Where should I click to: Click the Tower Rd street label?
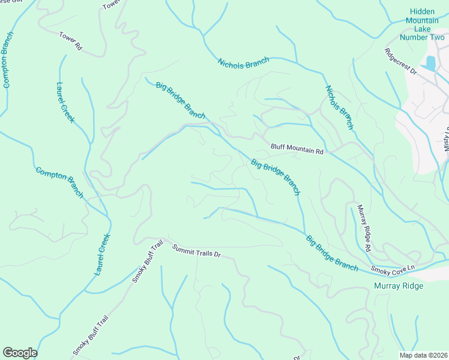click(x=70, y=41)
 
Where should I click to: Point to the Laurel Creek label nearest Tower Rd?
click(x=65, y=103)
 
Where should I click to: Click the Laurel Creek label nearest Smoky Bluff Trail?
click(x=103, y=254)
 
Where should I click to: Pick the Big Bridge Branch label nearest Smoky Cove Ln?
click(x=332, y=253)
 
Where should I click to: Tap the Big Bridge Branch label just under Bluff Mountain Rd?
click(x=275, y=177)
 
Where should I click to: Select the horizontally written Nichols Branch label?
click(x=243, y=63)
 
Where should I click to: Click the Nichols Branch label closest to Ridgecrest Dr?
click(x=339, y=107)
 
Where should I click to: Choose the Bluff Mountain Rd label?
click(x=297, y=149)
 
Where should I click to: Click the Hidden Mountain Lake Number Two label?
click(x=422, y=24)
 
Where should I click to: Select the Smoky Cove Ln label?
click(x=393, y=271)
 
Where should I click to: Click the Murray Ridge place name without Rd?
click(x=398, y=286)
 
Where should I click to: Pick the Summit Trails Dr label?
click(x=196, y=251)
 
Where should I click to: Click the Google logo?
click(x=20, y=353)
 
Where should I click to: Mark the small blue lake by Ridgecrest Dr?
click(x=430, y=62)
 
